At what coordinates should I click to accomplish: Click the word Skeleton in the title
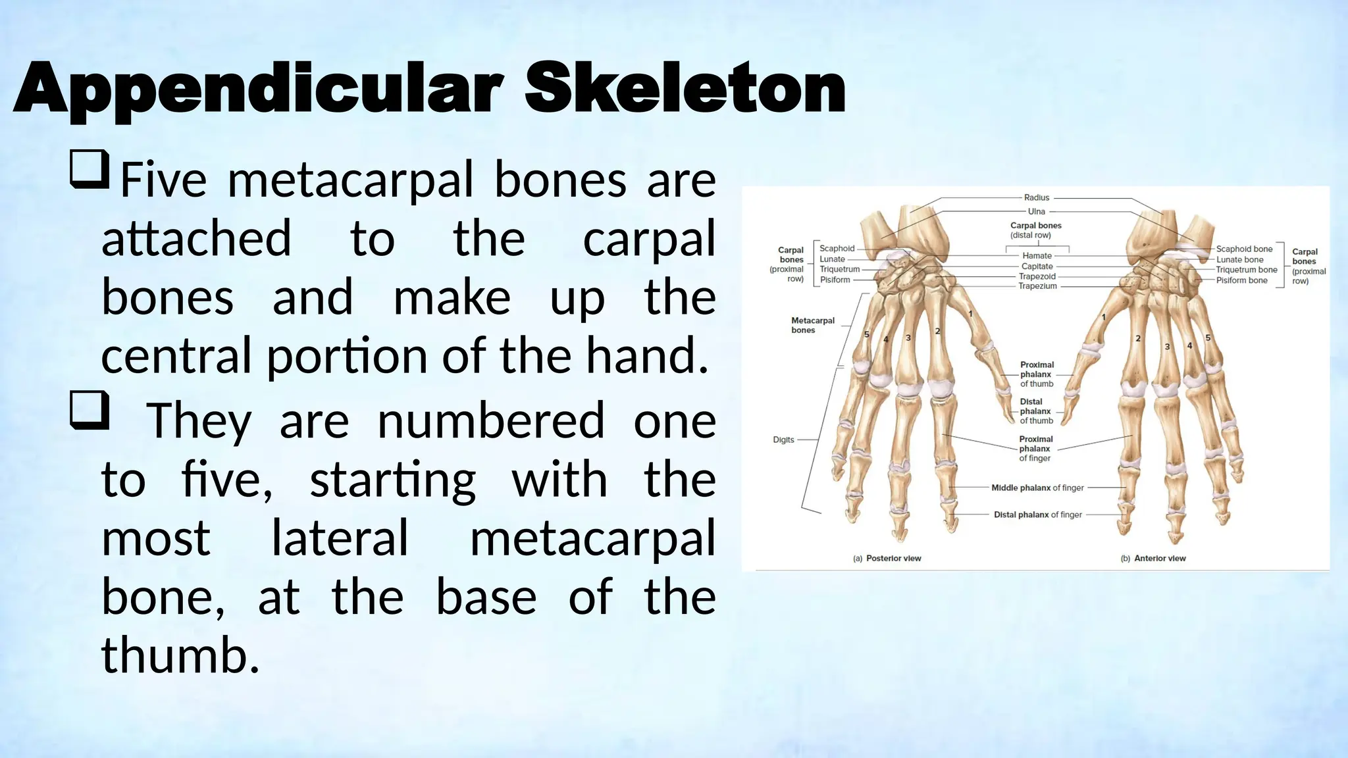coord(685,89)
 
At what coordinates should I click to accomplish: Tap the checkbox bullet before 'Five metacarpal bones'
coord(90,169)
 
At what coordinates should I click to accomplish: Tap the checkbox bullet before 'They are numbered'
coord(90,411)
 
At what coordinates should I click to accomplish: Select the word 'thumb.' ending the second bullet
coord(180,655)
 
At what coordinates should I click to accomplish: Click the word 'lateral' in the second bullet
coord(340,538)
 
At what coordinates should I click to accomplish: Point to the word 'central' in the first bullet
coord(176,356)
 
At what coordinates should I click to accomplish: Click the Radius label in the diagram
coord(1037,197)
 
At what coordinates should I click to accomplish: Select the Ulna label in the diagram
coord(1037,211)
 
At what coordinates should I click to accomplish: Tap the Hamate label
coord(1037,255)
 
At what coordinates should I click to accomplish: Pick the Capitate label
coord(1037,266)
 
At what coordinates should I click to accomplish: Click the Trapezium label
coord(1037,286)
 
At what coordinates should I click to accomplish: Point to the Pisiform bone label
coord(1241,280)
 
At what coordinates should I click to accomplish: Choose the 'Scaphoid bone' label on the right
coord(1244,249)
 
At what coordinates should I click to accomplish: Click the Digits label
coord(783,440)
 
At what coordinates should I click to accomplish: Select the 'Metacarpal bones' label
coord(812,325)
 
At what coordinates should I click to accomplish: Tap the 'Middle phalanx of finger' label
coord(1037,488)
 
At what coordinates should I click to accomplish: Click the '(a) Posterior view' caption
coord(887,558)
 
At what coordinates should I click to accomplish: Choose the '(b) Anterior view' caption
coord(1153,558)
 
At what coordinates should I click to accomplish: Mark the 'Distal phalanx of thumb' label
coord(1036,411)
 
